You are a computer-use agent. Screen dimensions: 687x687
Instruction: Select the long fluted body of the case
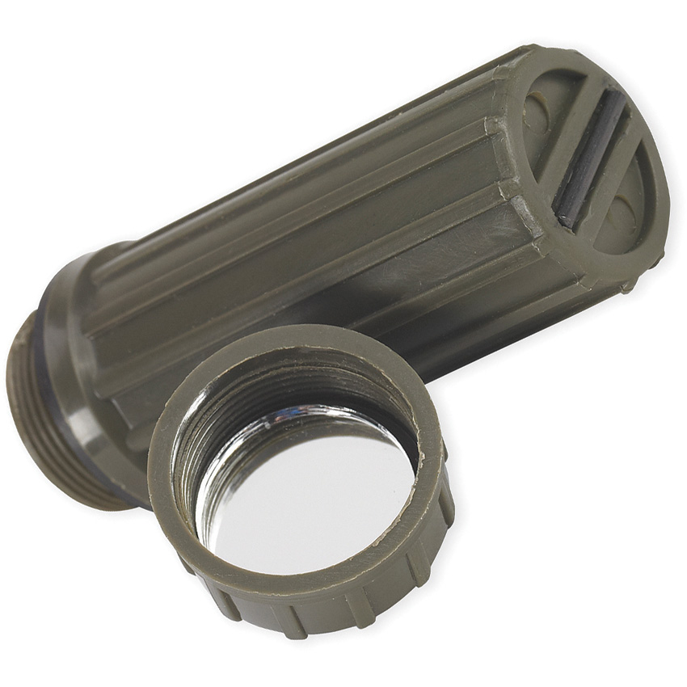pyautogui.click(x=323, y=226)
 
